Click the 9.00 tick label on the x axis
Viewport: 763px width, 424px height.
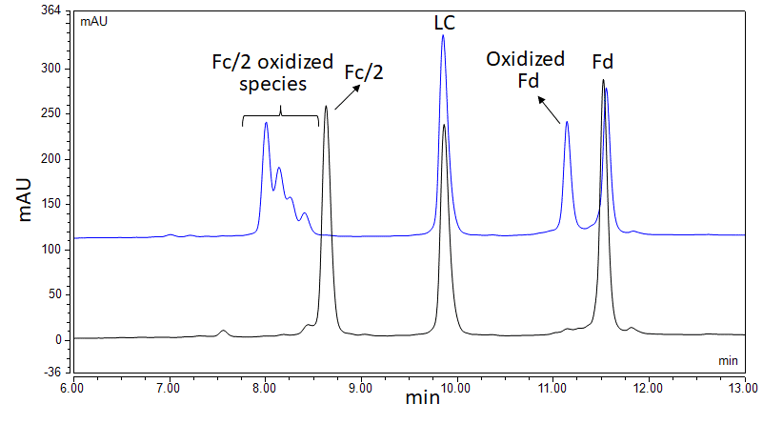tap(361, 389)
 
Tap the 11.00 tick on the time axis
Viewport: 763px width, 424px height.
tap(552, 389)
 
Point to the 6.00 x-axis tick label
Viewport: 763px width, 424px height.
tap(73, 389)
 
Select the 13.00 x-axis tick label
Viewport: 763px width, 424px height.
tap(744, 389)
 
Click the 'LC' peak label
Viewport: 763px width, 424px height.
tap(444, 19)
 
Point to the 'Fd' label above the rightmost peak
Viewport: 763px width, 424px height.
tap(602, 63)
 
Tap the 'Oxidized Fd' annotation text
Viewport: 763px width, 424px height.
tap(526, 70)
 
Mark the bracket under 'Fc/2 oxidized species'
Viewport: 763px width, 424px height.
tap(280, 117)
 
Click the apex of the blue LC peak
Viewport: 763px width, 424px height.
tap(443, 35)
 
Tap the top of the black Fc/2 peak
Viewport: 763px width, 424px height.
tap(326, 106)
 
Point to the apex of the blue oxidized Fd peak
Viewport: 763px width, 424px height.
tap(567, 122)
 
